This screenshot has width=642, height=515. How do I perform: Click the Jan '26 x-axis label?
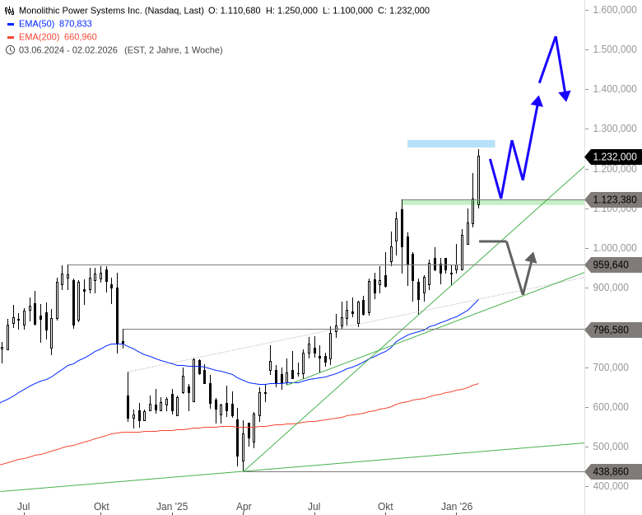[x=457, y=506]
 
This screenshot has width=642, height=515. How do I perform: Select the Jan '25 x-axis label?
[x=172, y=506]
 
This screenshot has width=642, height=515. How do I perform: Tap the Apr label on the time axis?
[x=244, y=506]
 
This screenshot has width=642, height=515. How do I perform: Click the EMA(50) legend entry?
[x=54, y=24]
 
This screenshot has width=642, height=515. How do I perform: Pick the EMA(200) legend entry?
[x=57, y=37]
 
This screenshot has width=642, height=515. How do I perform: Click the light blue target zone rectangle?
[x=451, y=143]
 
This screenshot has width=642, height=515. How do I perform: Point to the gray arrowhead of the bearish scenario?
[x=531, y=257]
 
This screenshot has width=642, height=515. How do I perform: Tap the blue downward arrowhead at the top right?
[x=565, y=96]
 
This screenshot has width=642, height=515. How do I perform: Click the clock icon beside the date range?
[x=10, y=50]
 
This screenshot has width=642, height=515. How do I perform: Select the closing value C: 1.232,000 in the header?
[x=403, y=11]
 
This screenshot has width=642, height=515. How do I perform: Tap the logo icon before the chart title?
[x=10, y=11]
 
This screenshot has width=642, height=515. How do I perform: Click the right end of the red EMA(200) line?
[x=477, y=383]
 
